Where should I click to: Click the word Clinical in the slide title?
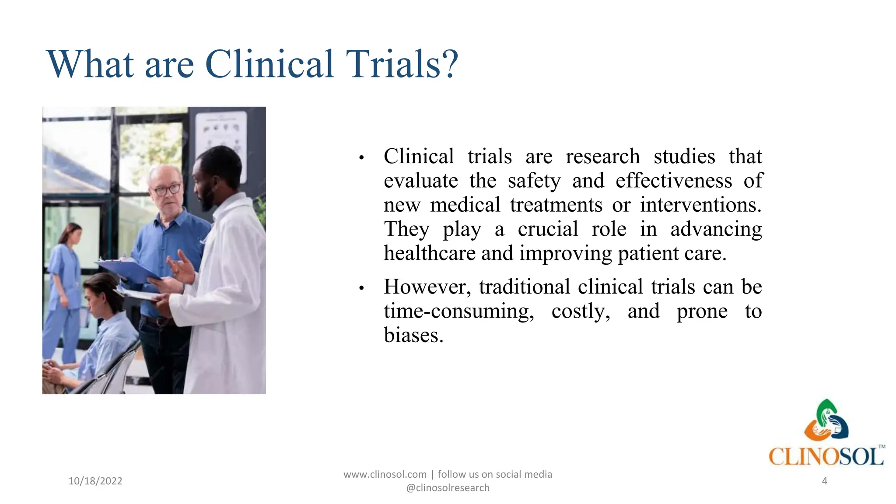point(269,64)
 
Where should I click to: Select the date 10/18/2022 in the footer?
point(95,481)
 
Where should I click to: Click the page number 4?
point(825,481)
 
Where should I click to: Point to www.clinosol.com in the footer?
point(385,474)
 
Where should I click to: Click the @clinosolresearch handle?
point(448,488)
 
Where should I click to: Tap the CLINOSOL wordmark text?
point(826,457)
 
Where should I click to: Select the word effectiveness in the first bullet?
point(674,181)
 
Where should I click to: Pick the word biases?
point(413,336)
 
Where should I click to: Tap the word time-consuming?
point(459,311)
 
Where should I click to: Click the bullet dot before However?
point(361,288)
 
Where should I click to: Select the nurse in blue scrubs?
point(66,289)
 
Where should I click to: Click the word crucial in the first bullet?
point(548,229)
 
